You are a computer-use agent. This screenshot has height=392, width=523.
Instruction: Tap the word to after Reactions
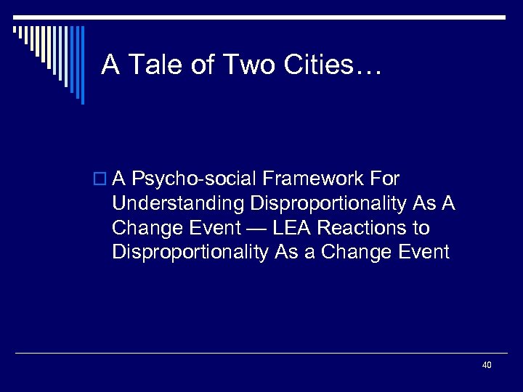(x=421, y=228)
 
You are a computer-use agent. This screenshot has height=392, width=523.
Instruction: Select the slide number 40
(x=486, y=364)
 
